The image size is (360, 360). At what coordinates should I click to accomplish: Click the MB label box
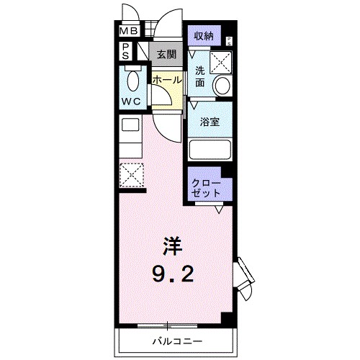tap(129, 31)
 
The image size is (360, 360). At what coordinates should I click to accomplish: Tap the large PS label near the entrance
tap(125, 51)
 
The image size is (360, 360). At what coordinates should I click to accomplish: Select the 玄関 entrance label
tap(166, 55)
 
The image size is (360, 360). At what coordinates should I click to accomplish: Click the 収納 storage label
tap(204, 36)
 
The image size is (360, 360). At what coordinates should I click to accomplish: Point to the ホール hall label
tap(167, 80)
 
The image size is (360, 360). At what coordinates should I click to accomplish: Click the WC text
tap(131, 102)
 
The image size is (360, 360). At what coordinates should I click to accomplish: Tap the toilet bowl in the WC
tap(133, 81)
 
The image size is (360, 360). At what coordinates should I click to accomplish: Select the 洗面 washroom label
tap(199, 76)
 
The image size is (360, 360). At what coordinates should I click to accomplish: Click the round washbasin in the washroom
tap(222, 86)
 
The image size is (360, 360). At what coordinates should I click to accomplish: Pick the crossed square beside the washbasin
tap(221, 63)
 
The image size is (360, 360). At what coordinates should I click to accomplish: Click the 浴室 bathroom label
tap(210, 122)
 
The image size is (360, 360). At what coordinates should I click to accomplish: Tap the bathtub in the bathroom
tap(210, 150)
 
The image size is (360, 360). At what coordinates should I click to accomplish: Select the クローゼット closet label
tap(206, 188)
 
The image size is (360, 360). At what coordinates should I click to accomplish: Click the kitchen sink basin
tap(130, 125)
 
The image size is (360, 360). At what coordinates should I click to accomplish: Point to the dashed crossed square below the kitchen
tap(132, 176)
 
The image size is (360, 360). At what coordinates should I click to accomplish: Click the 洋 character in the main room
tap(172, 246)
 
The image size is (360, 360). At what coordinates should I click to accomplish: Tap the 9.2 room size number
tap(173, 274)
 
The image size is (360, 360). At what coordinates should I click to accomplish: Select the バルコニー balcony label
tap(177, 341)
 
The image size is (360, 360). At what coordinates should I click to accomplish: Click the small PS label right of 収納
tap(229, 41)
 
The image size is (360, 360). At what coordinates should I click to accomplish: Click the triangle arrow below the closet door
tap(219, 210)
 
